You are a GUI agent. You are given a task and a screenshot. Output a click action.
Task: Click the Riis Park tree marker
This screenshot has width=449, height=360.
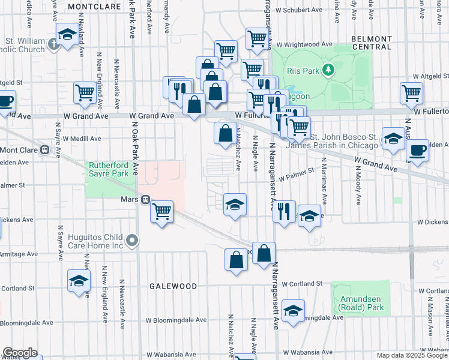[x=328, y=71]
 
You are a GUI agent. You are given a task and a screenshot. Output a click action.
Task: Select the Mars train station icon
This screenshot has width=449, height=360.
[x=145, y=200]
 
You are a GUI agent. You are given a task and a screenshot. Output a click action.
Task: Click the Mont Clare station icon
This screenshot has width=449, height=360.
[x=44, y=150]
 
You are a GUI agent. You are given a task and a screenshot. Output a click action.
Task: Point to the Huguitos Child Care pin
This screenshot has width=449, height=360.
[x=133, y=241]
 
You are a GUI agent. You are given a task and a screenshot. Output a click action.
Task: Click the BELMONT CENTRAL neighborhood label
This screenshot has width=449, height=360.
[x=371, y=43]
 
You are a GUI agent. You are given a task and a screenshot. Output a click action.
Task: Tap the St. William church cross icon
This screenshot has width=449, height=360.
[x=54, y=43]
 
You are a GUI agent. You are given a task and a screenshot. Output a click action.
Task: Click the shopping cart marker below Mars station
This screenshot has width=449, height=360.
[x=161, y=212]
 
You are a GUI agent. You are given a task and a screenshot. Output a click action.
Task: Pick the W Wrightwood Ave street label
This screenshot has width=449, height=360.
[x=305, y=44]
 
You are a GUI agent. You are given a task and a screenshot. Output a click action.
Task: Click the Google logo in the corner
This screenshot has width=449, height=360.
[x=19, y=353]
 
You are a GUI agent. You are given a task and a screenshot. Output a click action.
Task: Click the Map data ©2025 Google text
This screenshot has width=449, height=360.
[x=412, y=355]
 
